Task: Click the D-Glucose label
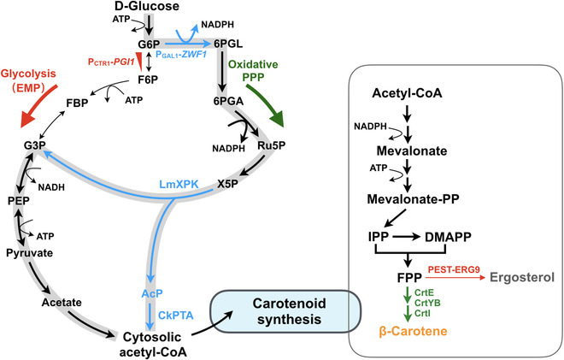(147, 6)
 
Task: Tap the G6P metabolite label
(149, 44)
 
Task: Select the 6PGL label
(228, 44)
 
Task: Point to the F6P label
(148, 80)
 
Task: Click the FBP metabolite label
(77, 103)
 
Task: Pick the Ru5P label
(271, 145)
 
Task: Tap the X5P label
(227, 184)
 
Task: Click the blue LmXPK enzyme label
(179, 184)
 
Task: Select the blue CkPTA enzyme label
(176, 316)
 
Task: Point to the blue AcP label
(152, 293)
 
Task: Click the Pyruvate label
(30, 253)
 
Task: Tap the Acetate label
(62, 303)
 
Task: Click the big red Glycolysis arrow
(38, 106)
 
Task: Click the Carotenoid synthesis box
(285, 311)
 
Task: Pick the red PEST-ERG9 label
(454, 269)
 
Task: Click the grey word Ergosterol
(522, 278)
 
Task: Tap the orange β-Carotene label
(413, 331)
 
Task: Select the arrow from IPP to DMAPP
(406, 237)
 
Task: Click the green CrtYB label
(427, 303)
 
